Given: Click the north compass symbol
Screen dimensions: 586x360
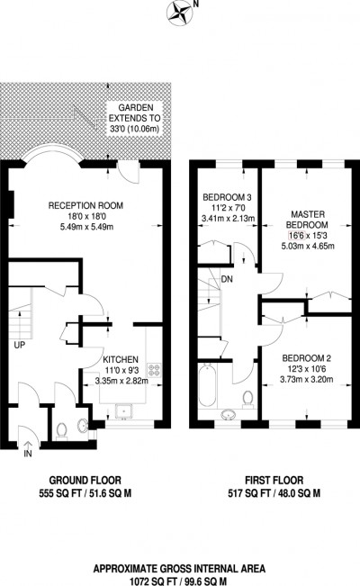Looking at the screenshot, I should click(x=176, y=13).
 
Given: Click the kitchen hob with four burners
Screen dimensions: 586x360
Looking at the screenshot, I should click(x=154, y=369).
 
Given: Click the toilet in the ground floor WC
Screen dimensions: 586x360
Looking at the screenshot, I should click(x=59, y=432).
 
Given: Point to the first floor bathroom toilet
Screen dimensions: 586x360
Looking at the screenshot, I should click(x=248, y=399).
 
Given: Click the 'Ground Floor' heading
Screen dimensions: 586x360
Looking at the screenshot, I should click(x=86, y=481).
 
